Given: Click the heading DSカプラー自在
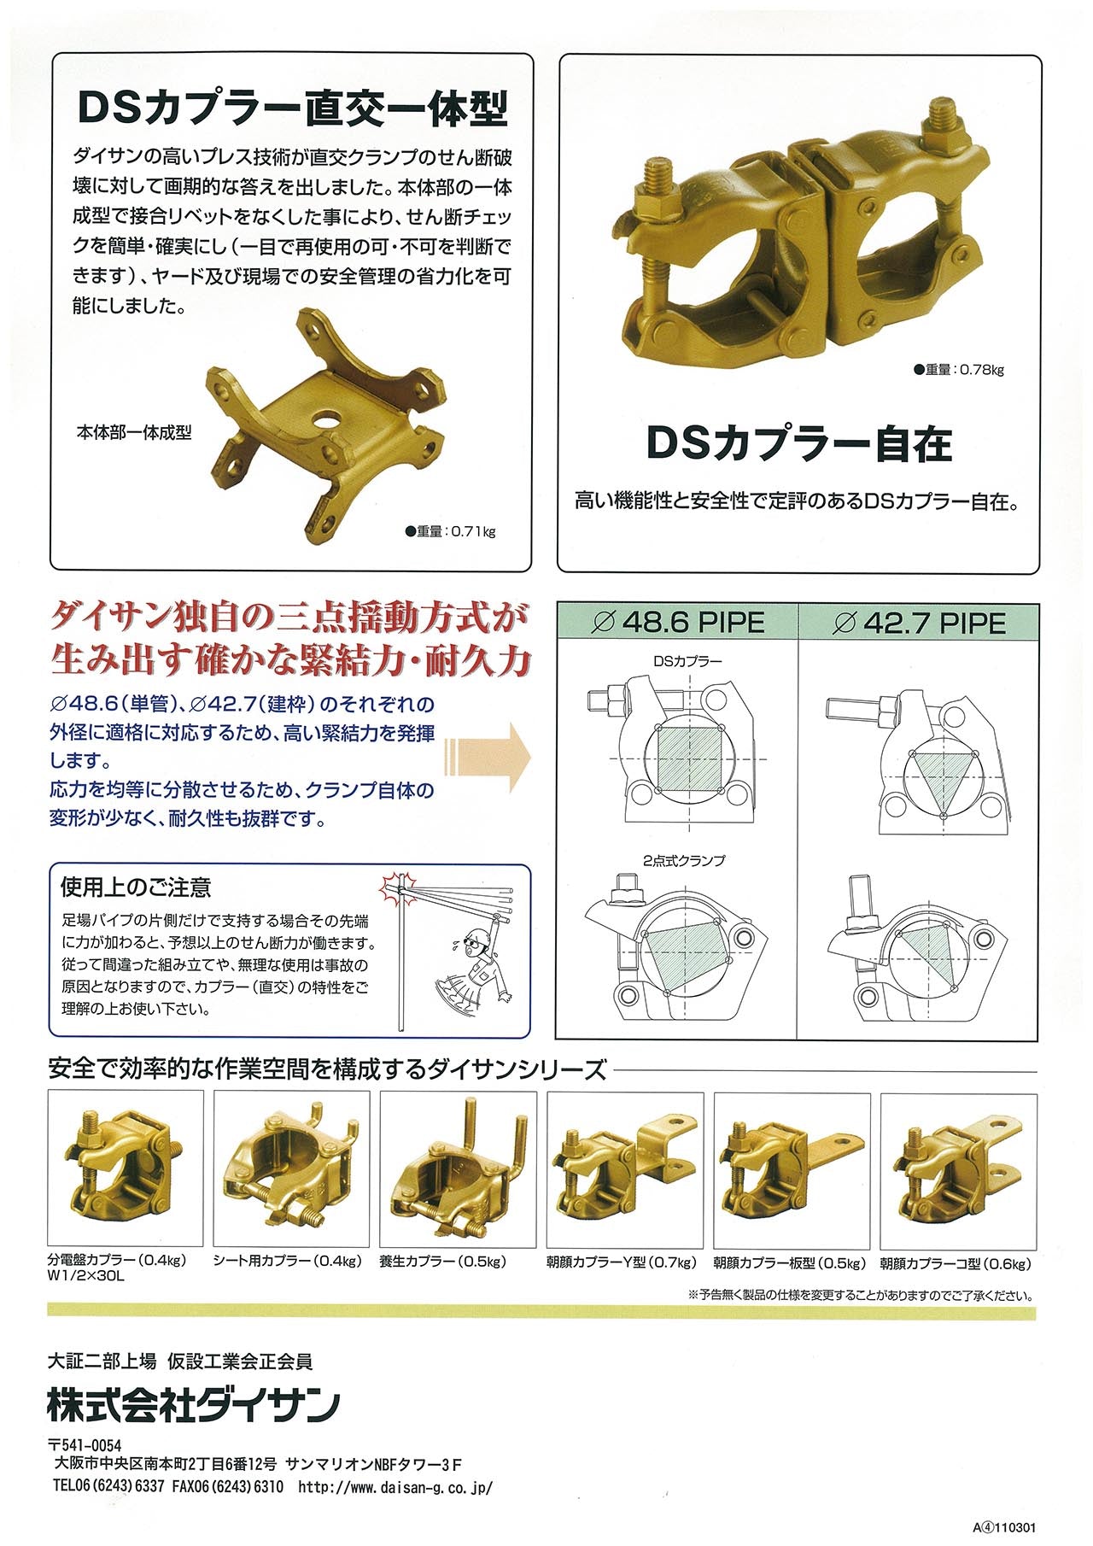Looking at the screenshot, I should pyautogui.click(x=798, y=443).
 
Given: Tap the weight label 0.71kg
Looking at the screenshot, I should pyautogui.click(x=452, y=531).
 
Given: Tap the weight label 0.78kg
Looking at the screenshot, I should pyautogui.click(x=959, y=370).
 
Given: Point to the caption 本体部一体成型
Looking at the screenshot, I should pyautogui.click(x=134, y=433).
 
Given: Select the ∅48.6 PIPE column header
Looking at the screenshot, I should pyautogui.click(x=678, y=622).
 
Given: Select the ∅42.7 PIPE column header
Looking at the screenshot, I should pyautogui.click(x=919, y=623).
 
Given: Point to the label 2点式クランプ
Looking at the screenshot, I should pyautogui.click(x=683, y=860).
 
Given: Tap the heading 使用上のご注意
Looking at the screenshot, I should pyautogui.click(x=136, y=887).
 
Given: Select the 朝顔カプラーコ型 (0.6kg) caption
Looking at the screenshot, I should pyautogui.click(x=956, y=1263).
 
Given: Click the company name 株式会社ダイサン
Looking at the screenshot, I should pyautogui.click(x=194, y=1405).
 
